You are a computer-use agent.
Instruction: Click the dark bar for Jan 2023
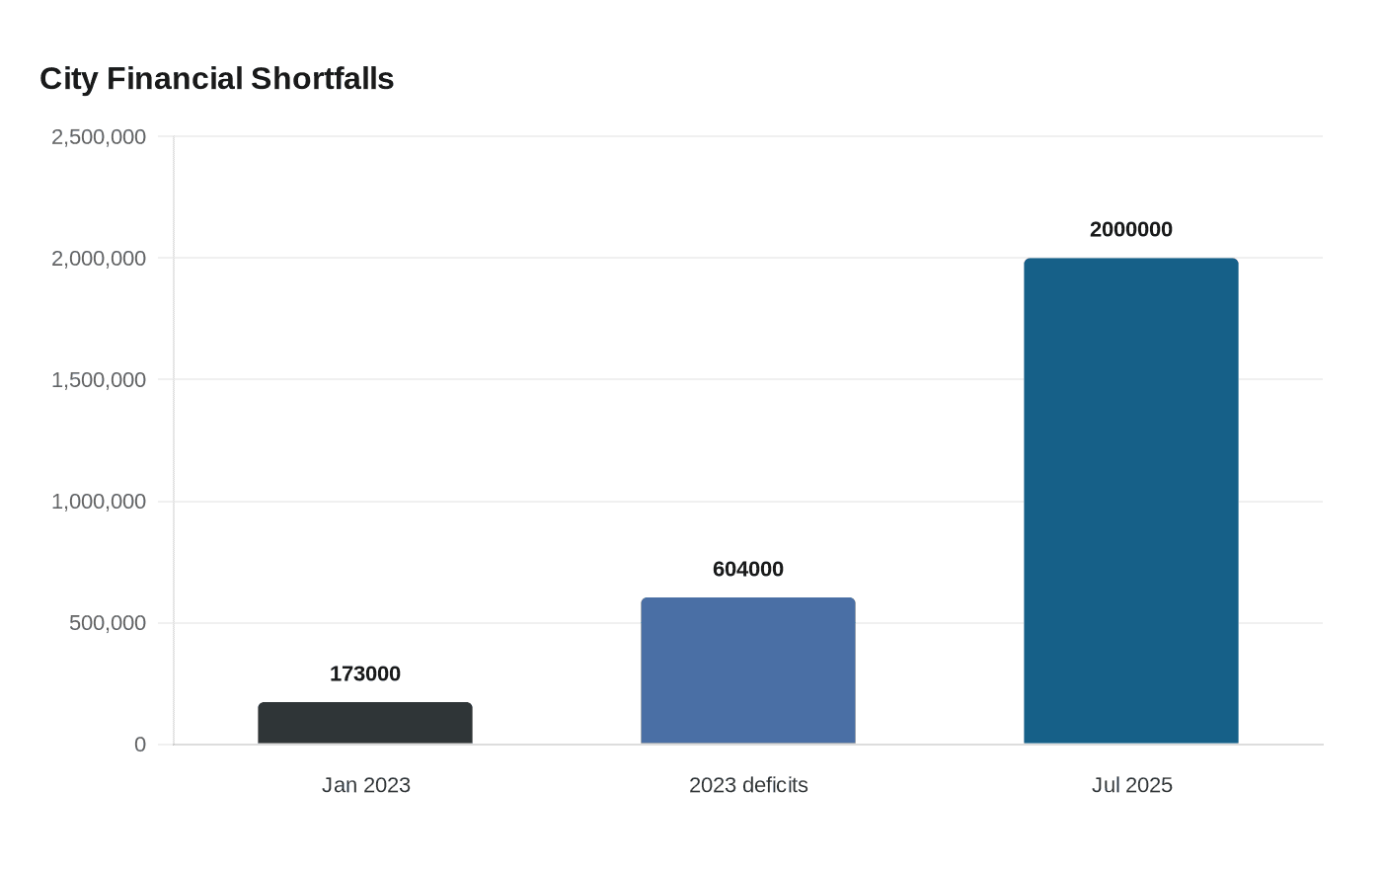[x=365, y=723]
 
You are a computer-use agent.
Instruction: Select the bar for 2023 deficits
[x=748, y=671]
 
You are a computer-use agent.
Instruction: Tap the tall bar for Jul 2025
[x=1131, y=501]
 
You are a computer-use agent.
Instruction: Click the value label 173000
[x=365, y=673]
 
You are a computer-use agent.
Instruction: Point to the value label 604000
[x=748, y=569]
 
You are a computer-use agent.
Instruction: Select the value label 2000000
[x=1131, y=229]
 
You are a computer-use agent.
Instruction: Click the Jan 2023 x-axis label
[x=365, y=785]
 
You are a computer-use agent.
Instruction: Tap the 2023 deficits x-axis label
[x=748, y=785]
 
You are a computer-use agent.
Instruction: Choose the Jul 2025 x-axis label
[x=1131, y=785]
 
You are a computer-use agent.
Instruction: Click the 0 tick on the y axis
[x=140, y=745]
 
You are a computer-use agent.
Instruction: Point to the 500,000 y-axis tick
[x=108, y=623]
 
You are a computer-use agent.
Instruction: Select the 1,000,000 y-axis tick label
[x=99, y=502]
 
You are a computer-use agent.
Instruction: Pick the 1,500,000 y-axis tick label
[x=99, y=380]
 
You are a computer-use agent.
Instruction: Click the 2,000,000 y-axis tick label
[x=99, y=259]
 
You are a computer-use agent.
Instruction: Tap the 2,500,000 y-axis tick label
[x=99, y=136]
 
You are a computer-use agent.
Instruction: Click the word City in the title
[x=68, y=79]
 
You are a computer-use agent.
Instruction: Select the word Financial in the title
[x=175, y=79]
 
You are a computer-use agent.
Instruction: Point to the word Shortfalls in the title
[x=322, y=79]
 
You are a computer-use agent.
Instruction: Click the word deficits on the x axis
[x=774, y=785]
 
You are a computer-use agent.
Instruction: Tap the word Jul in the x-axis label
[x=1106, y=785]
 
